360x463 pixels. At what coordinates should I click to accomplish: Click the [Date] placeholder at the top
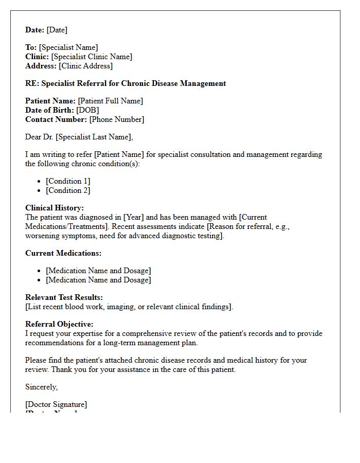(x=57, y=30)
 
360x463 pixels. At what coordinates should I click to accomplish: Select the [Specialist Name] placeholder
(x=68, y=47)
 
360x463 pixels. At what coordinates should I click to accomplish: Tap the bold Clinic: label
(x=37, y=57)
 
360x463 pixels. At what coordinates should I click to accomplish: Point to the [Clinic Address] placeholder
(x=85, y=66)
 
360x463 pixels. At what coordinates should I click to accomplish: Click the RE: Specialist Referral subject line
(x=125, y=83)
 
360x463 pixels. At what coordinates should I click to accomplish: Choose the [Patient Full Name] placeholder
(x=110, y=101)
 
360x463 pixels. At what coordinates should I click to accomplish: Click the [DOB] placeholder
(x=87, y=110)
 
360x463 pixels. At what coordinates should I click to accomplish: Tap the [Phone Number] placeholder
(x=116, y=119)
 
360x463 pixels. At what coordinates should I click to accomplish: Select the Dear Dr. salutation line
(x=79, y=137)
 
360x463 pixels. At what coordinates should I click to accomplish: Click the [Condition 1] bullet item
(x=67, y=181)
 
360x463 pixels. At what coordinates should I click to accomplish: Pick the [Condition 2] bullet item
(x=67, y=190)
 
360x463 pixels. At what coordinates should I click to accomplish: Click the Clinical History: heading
(x=55, y=208)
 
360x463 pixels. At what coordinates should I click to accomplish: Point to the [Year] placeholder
(x=134, y=217)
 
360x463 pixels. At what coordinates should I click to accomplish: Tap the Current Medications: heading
(x=63, y=253)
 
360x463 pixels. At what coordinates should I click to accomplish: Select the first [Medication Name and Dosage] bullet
(x=98, y=271)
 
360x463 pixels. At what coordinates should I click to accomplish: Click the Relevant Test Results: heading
(x=64, y=297)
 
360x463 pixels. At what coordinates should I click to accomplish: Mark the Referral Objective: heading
(x=59, y=324)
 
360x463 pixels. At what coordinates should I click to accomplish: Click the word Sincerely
(x=41, y=387)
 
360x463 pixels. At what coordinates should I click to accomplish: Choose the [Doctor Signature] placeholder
(x=56, y=404)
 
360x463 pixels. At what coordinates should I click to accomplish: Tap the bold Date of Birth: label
(x=50, y=110)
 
